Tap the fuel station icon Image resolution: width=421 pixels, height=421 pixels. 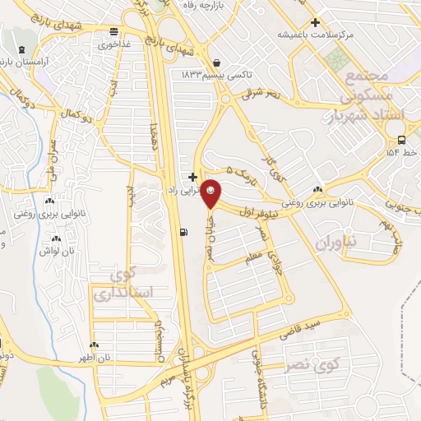coord(181,232)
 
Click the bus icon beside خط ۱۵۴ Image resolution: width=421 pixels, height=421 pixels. coord(400,140)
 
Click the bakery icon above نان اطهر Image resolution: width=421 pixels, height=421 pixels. coord(95,345)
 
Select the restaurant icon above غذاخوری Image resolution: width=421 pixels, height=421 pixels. coord(114,33)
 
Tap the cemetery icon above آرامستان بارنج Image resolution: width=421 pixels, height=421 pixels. coord(18,50)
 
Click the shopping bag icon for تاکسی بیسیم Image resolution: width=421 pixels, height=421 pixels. coord(215,62)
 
